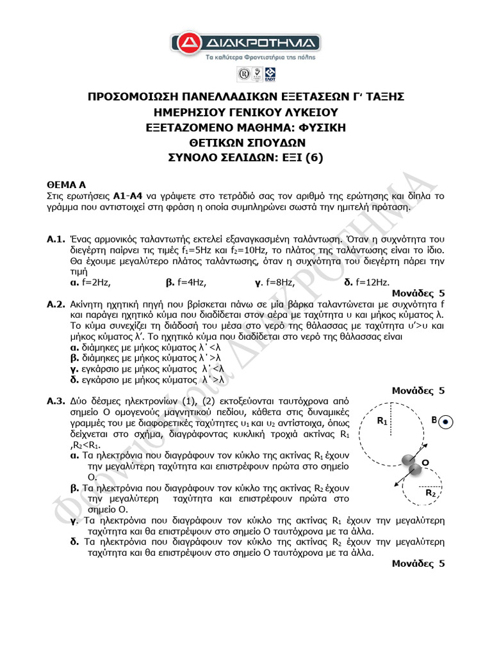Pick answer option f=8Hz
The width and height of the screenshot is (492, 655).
coord(271,282)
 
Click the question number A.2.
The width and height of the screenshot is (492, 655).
coord(56,304)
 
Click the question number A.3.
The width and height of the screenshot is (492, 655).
coord(56,401)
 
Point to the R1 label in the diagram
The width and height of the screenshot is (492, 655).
coord(382,422)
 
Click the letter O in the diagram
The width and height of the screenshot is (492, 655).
coord(424,462)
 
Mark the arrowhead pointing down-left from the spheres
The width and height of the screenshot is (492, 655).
coord(393,487)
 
